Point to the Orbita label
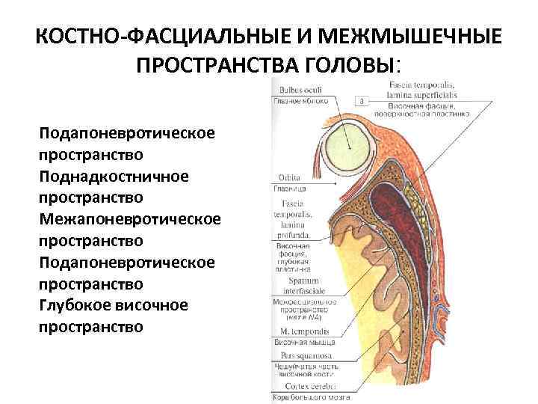(288, 178)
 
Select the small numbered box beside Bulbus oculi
(362, 100)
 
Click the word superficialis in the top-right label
(421, 95)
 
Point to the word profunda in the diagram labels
(294, 236)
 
